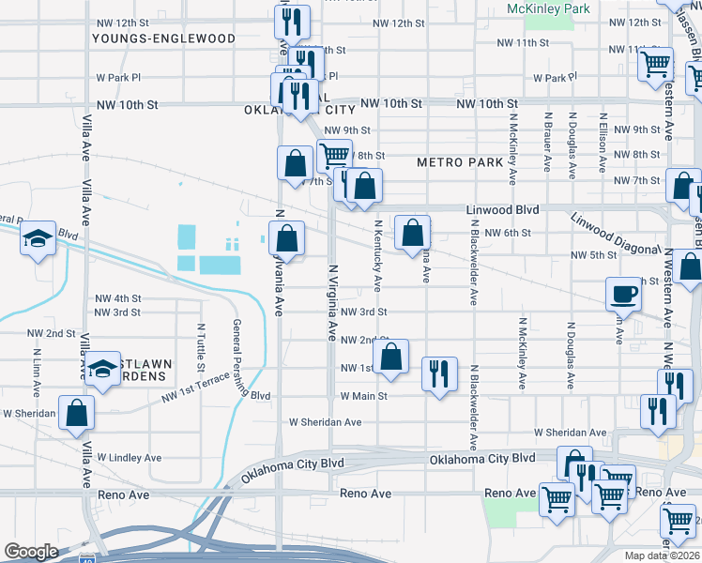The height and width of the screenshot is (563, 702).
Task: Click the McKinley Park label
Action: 548,8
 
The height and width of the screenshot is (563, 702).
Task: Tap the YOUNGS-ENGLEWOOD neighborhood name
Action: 163,38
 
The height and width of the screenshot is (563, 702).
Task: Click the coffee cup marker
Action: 624,294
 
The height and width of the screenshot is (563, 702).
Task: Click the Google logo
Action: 31,552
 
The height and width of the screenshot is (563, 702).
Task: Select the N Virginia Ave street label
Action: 331,302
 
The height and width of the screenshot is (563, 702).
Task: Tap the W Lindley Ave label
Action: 129,458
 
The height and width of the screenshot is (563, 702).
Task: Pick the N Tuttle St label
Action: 201,347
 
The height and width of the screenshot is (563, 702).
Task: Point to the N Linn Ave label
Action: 37,371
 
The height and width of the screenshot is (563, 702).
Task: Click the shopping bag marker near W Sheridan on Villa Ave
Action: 77,411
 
